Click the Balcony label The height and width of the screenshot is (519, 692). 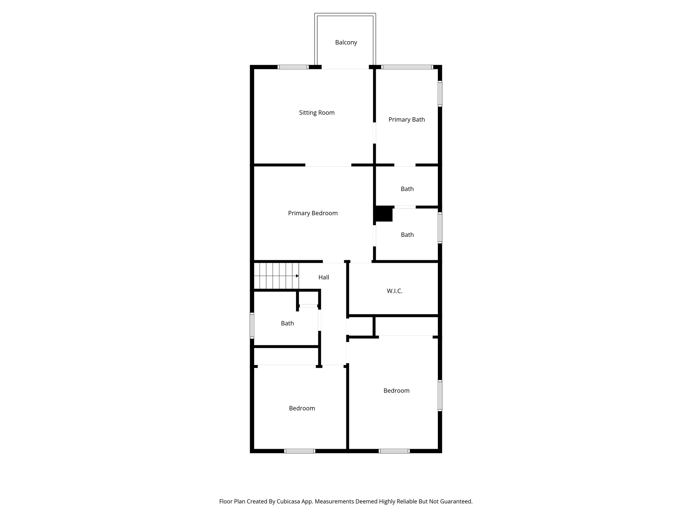tap(346, 43)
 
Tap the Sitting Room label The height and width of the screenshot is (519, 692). tap(317, 113)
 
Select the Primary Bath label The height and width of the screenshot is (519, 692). tap(406, 120)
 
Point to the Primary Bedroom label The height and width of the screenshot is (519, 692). tap(313, 213)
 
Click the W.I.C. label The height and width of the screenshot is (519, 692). tap(394, 291)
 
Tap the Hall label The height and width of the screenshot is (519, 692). tap(323, 277)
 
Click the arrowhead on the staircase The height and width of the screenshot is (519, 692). tap(297, 276)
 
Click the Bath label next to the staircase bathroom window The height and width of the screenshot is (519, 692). tap(287, 323)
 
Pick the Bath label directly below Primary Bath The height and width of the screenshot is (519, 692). tap(407, 189)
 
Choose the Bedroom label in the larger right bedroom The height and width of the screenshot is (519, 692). tap(396, 391)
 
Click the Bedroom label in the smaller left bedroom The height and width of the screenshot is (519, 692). tap(302, 408)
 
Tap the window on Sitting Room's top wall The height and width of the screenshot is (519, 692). tap(293, 67)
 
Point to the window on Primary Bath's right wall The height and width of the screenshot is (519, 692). tap(440, 94)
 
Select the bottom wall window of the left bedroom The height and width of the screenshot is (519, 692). tap(300, 451)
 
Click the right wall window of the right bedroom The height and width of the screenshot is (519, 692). tap(440, 396)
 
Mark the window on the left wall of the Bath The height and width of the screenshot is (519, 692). tap(252, 325)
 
